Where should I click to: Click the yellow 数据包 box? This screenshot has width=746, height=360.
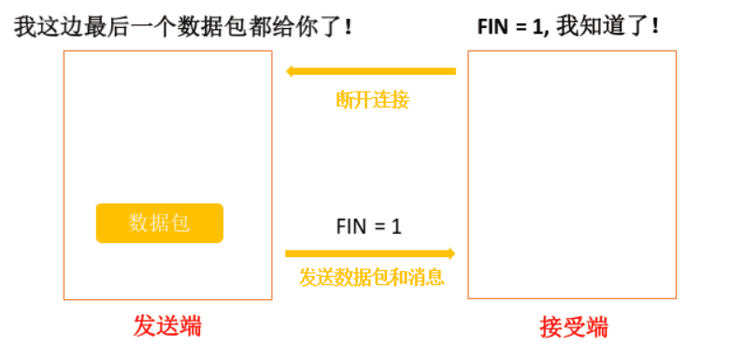coord(160,223)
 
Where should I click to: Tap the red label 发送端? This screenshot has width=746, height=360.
coord(167,326)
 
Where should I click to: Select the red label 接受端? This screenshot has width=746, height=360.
coord(573,327)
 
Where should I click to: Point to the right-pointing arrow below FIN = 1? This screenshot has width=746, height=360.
coord(370,253)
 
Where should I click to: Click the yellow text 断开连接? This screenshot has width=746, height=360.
coord(372,100)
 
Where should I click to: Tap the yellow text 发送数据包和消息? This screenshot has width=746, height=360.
coord(371,277)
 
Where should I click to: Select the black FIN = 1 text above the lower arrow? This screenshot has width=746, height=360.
coord(368,226)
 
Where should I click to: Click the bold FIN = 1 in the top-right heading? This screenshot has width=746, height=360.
coord(509,26)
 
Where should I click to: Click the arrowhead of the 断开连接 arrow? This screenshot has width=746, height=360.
coord(292,71)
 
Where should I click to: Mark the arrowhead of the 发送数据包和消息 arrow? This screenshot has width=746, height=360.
coord(450,253)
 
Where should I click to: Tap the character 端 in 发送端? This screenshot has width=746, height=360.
coord(190,326)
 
